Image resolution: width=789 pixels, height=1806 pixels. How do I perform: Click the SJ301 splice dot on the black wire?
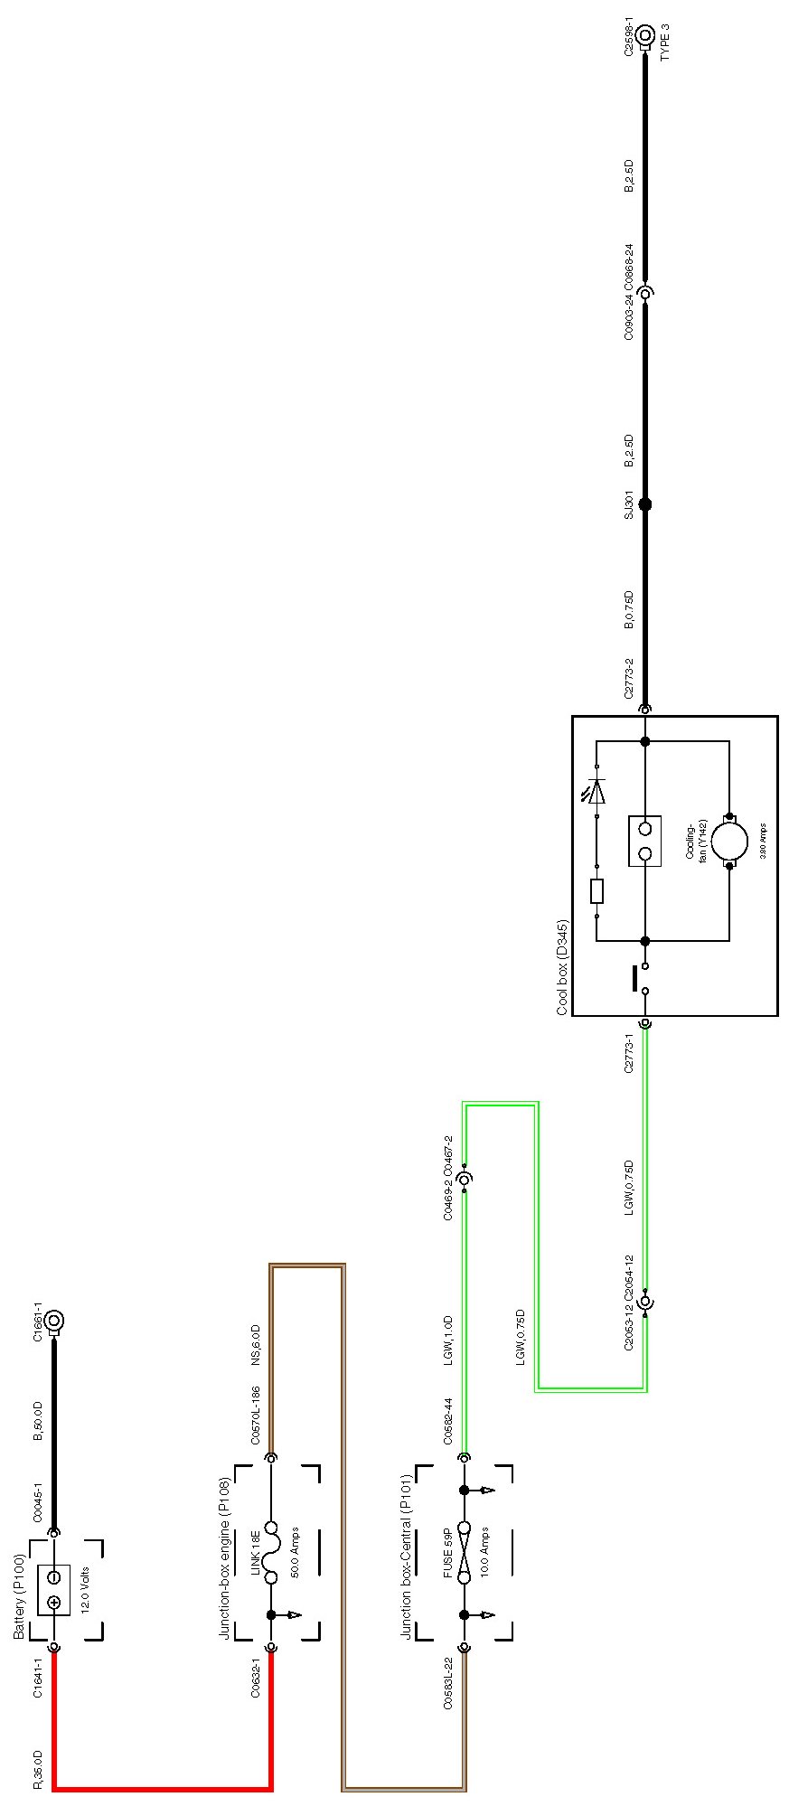point(644,504)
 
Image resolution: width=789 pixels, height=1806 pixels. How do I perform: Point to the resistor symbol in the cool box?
point(596,891)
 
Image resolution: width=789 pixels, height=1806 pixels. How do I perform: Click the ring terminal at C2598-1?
point(644,36)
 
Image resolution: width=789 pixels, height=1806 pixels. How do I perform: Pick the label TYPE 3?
point(666,42)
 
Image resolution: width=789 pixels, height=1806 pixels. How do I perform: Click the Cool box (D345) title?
point(562,967)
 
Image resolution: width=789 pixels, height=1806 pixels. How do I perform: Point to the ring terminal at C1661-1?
point(54,1322)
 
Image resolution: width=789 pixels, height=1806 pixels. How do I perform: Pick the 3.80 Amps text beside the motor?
point(764,841)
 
